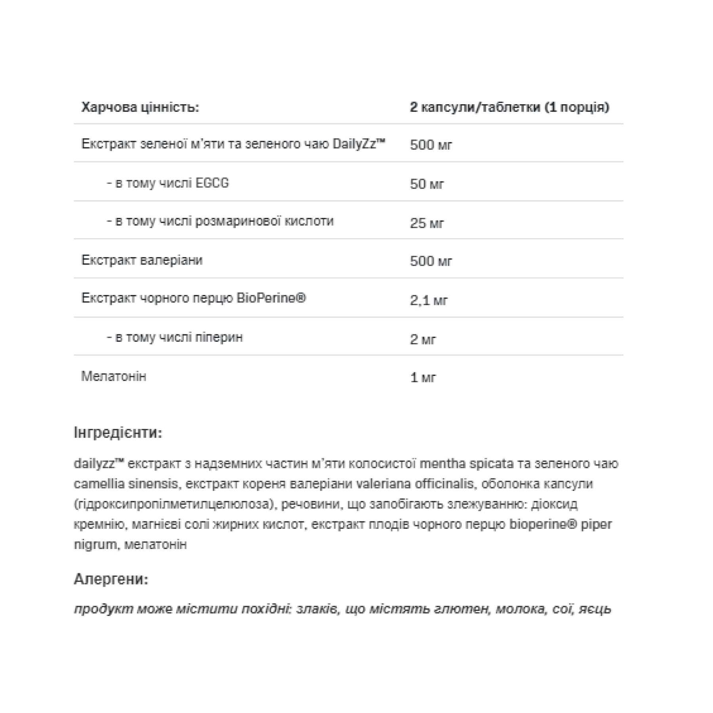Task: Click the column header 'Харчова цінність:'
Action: tap(140, 107)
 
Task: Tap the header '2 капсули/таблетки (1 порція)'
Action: tap(509, 107)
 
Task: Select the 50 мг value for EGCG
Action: tap(427, 184)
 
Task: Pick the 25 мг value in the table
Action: tap(427, 223)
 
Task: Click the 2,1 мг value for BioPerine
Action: tap(429, 301)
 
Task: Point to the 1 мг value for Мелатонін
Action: tap(423, 377)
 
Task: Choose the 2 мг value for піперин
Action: tap(423, 339)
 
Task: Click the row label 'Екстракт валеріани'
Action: tap(142, 260)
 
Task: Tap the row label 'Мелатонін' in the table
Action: tap(114, 376)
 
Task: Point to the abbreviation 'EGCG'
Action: tap(212, 183)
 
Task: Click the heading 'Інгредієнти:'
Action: tap(118, 433)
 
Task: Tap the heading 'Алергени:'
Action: tap(111, 580)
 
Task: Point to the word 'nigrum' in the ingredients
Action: tap(95, 545)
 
